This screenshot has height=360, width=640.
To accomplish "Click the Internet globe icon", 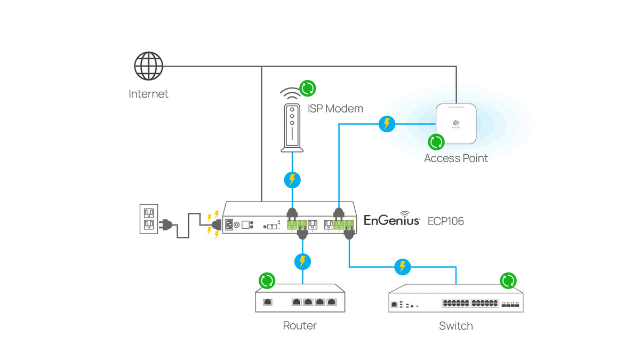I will (x=148, y=66).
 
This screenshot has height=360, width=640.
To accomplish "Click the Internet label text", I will (x=148, y=94).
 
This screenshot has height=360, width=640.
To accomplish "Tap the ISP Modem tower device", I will (x=291, y=127).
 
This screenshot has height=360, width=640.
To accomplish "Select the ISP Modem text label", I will (x=335, y=109).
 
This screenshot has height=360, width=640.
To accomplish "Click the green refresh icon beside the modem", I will (x=307, y=87).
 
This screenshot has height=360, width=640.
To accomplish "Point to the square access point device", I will (x=456, y=124).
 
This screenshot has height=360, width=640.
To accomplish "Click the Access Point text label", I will (x=456, y=158).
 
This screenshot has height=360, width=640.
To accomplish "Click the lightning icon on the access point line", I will (x=387, y=124).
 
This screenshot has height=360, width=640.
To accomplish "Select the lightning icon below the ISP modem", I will (x=292, y=179).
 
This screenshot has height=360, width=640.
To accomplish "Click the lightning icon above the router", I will (x=302, y=261).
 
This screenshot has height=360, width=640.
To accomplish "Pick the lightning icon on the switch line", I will (x=402, y=266).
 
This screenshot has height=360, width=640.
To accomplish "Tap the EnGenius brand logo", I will (x=392, y=220).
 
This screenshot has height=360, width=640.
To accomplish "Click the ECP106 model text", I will (x=446, y=221).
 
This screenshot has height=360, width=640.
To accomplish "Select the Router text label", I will (x=300, y=326).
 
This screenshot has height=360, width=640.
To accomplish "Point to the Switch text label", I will (x=456, y=326).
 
